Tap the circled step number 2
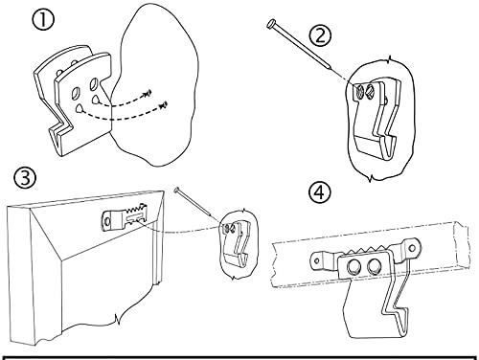pyautogui.click(x=320, y=35)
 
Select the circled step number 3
pyautogui.click(x=25, y=178)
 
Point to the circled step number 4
pyautogui.click(x=320, y=192)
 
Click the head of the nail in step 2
pyautogui.click(x=271, y=24)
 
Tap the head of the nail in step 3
pyautogui.click(x=177, y=190)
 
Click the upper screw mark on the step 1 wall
pyautogui.click(x=148, y=93)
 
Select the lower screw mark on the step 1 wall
pyautogui.click(x=164, y=104)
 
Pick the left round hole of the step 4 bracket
pyautogui.click(x=354, y=266)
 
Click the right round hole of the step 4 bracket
pyautogui.click(x=374, y=267)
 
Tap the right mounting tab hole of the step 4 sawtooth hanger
pyautogui.click(x=412, y=248)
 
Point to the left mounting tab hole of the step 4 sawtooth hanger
pyautogui.click(x=317, y=260)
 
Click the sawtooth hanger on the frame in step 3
pyautogui.click(x=125, y=217)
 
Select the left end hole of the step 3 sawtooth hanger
pyautogui.click(x=107, y=220)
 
